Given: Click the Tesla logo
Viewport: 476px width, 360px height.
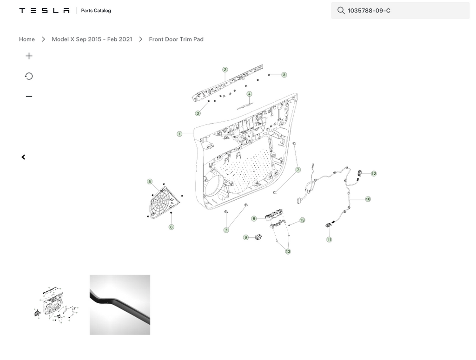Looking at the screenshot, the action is tap(44, 11).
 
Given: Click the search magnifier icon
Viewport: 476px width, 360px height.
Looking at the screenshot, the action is tap(341, 11).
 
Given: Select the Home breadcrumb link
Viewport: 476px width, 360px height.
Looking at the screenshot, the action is tap(26, 39).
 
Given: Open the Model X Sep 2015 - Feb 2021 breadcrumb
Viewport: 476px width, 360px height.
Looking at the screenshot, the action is tap(92, 39).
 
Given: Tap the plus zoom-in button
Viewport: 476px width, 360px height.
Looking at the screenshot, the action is tap(29, 56).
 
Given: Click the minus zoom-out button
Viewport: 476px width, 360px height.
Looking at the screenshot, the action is tap(29, 97).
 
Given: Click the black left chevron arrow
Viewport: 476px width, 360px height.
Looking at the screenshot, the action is tap(23, 157).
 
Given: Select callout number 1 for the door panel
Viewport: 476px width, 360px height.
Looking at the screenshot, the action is tap(179, 134).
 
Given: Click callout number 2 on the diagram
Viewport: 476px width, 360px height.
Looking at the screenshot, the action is tap(225, 70).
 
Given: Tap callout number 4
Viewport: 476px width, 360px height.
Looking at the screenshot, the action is tap(249, 94).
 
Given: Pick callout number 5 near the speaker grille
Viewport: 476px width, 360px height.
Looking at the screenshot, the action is tap(150, 182).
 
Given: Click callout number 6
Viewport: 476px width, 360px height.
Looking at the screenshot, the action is tap(171, 227).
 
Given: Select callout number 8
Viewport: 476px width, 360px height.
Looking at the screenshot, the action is tap(254, 219).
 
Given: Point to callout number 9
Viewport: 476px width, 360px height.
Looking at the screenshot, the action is tap(246, 237).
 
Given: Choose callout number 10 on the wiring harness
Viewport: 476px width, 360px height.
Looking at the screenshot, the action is tap(368, 199).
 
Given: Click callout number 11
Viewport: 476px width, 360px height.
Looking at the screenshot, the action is tap(329, 240).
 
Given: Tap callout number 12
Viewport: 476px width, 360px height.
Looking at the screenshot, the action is tap(374, 174).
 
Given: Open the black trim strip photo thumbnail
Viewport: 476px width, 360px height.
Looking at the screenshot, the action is tap(120, 305).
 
